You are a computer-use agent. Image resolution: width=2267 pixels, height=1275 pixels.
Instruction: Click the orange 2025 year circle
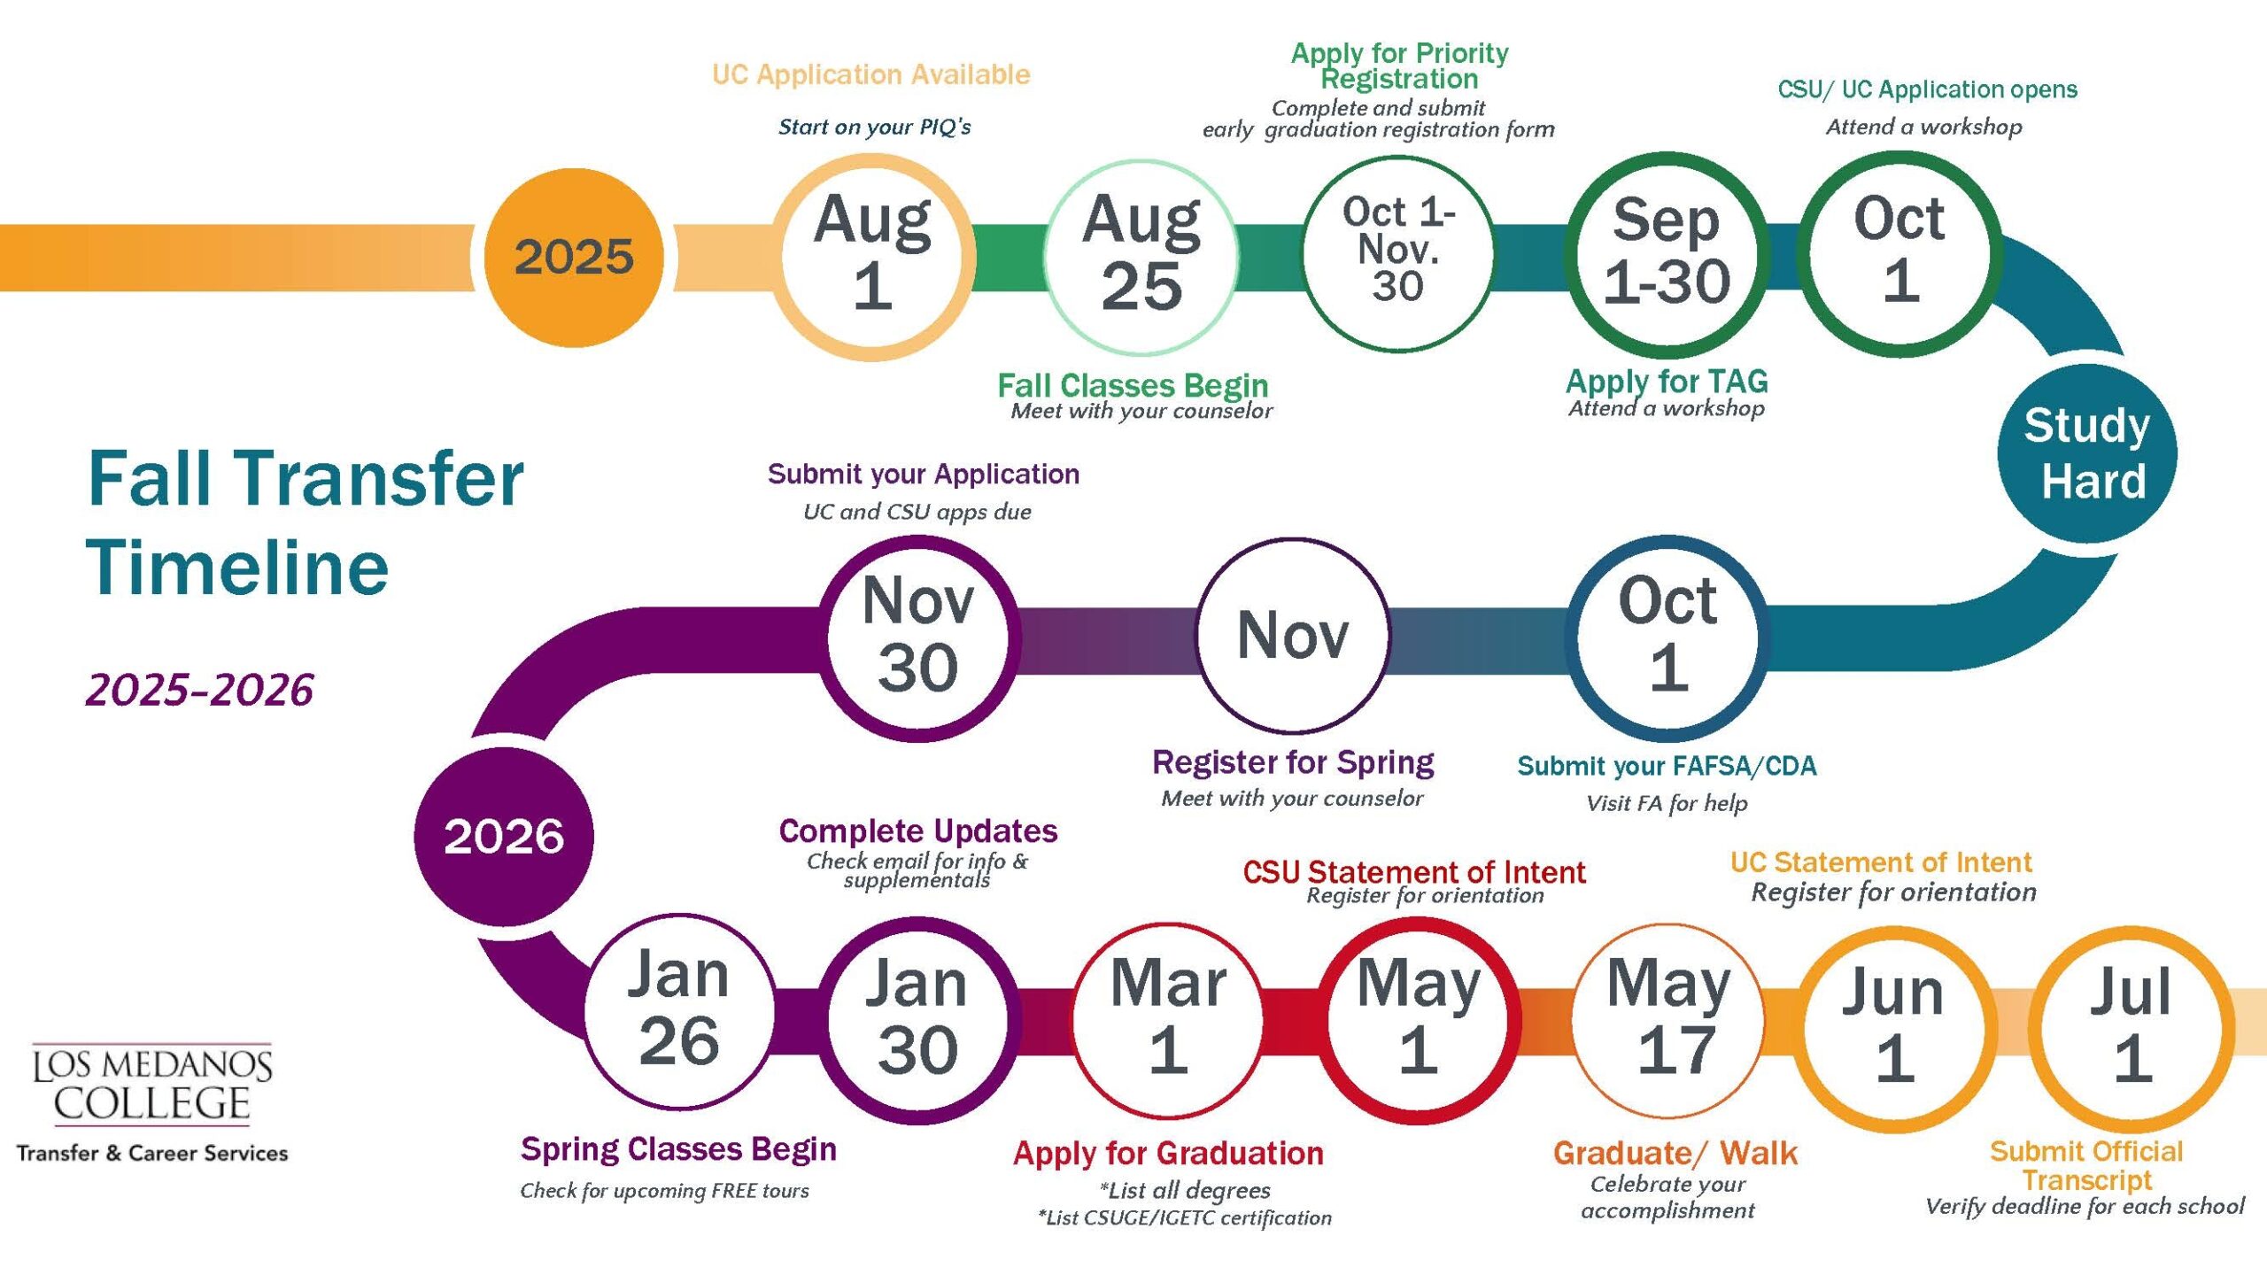(574, 257)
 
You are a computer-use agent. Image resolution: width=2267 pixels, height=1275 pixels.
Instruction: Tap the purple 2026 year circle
(503, 836)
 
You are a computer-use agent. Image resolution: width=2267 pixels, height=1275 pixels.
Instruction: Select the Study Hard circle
(2086, 453)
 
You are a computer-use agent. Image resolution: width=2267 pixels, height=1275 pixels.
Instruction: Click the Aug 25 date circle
(1141, 257)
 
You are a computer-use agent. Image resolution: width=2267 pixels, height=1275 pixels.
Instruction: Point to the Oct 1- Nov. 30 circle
(1399, 253)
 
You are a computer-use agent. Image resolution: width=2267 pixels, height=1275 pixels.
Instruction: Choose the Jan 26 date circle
(679, 1011)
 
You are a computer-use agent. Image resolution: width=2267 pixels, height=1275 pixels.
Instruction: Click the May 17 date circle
(1669, 1020)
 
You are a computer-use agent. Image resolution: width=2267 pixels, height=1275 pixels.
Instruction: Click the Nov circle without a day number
(1293, 635)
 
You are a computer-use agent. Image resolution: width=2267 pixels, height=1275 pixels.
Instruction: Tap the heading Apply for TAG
(1667, 382)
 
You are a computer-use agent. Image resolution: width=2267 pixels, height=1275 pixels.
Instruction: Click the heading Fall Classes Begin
(1133, 385)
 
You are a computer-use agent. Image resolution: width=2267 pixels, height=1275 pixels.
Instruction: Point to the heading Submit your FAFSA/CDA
(1667, 766)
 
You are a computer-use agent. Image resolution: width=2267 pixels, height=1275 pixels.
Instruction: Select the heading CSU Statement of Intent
(1413, 872)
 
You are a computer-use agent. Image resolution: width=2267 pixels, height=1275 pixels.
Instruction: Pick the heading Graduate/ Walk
(1675, 1153)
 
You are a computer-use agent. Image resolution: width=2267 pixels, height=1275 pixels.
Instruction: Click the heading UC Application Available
(871, 74)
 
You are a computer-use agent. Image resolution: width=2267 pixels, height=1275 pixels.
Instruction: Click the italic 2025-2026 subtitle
(199, 690)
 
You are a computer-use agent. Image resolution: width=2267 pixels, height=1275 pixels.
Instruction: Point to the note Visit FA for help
(1667, 804)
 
